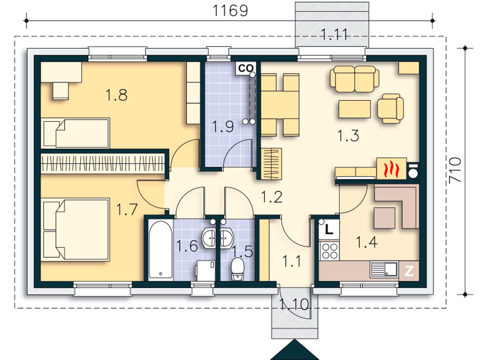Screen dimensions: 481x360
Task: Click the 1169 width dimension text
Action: [230, 10]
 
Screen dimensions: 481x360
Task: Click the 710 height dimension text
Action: [455, 170]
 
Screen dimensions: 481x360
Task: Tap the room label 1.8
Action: [116, 95]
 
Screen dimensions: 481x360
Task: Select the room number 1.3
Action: [348, 136]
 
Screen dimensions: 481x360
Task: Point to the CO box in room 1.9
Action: [246, 68]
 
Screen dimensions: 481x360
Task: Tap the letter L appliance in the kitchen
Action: [329, 229]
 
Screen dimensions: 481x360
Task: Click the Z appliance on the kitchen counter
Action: [409, 271]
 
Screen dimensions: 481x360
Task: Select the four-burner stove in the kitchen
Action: [329, 250]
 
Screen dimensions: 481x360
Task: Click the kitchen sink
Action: [384, 269]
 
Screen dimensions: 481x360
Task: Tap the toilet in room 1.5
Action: [237, 269]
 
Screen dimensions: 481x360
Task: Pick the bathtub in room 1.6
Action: [160, 250]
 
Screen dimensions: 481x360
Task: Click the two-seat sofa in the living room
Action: [355, 79]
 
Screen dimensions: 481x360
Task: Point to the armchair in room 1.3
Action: [390, 109]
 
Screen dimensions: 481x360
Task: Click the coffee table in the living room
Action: [355, 109]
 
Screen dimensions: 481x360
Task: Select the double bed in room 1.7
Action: [76, 229]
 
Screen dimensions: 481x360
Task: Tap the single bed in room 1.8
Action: [76, 133]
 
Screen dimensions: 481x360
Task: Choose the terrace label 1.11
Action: [334, 34]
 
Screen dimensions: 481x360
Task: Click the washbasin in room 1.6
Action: [209, 238]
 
